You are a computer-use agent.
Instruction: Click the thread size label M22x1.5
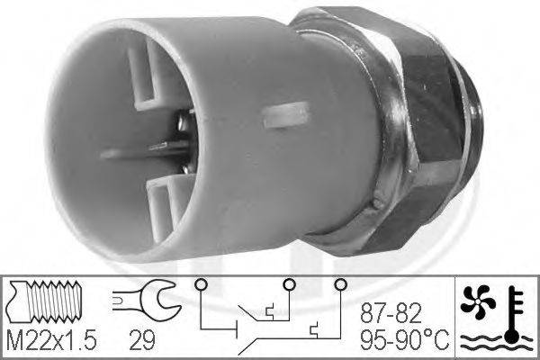51,340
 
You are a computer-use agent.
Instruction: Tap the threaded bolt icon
45,301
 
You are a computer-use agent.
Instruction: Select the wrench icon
146,300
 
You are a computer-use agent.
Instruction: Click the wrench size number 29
142,340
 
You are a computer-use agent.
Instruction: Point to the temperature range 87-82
391,313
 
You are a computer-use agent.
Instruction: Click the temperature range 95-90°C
405,340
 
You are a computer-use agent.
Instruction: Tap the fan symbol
478,301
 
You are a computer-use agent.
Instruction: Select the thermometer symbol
514,314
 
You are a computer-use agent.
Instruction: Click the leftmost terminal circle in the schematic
201,284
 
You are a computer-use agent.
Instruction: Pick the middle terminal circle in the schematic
289,284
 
